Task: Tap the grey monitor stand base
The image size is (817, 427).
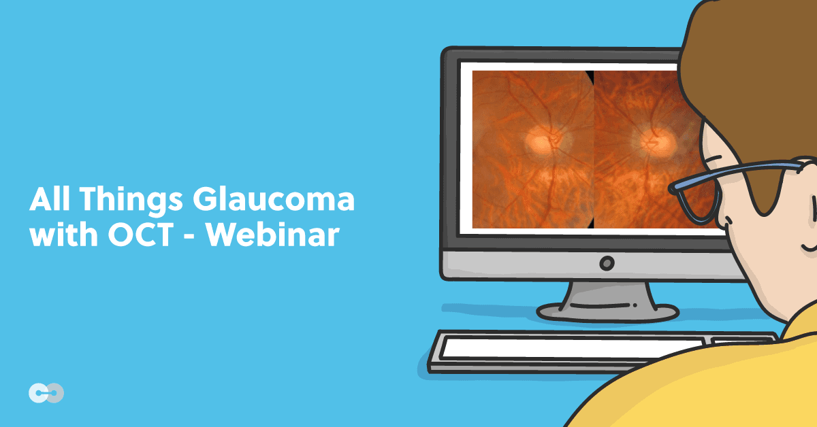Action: click(599, 311)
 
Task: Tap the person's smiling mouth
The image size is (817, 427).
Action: click(808, 245)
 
